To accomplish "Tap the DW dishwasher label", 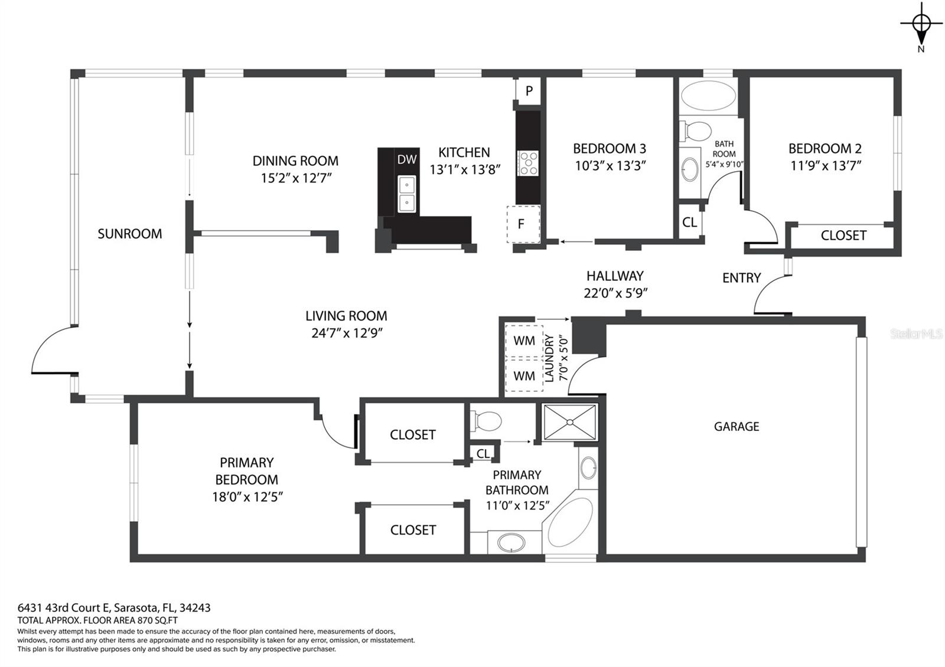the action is (407, 159).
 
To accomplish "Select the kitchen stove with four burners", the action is (528, 163).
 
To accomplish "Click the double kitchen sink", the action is (407, 194).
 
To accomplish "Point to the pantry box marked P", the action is (528, 91).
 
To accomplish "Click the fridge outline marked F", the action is (523, 224).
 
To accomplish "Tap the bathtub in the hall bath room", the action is (708, 96).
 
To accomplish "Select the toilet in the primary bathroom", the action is (485, 421).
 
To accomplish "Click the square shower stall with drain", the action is (569, 422).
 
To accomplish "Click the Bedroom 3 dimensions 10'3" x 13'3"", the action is (610, 166).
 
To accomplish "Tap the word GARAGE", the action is (737, 427).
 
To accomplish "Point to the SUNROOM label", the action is (130, 234).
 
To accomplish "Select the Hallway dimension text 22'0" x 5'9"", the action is (615, 293).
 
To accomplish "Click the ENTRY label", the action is (742, 278).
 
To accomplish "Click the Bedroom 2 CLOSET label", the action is (843, 236).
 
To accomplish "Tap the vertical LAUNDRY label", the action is (549, 358).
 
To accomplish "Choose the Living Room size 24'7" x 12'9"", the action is (347, 333).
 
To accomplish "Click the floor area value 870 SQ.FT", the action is (157, 620).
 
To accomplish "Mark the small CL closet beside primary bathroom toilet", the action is (483, 454).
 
